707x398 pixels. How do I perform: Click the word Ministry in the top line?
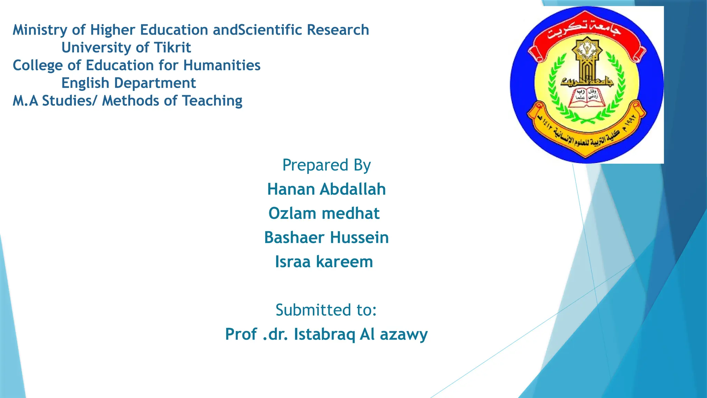point(40,30)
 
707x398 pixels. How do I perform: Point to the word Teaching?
point(212,101)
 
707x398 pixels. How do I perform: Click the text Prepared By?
point(326,165)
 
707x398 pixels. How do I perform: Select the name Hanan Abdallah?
point(326,189)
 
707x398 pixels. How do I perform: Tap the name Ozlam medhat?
point(324,214)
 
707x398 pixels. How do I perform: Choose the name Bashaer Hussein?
point(326,238)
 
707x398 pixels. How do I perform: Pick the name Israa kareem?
point(324,262)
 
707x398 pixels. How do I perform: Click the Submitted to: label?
point(326,310)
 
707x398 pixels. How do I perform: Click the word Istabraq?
point(324,334)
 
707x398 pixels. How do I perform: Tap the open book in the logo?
point(587,98)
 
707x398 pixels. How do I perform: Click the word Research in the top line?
point(338,30)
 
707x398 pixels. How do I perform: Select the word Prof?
point(241,334)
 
